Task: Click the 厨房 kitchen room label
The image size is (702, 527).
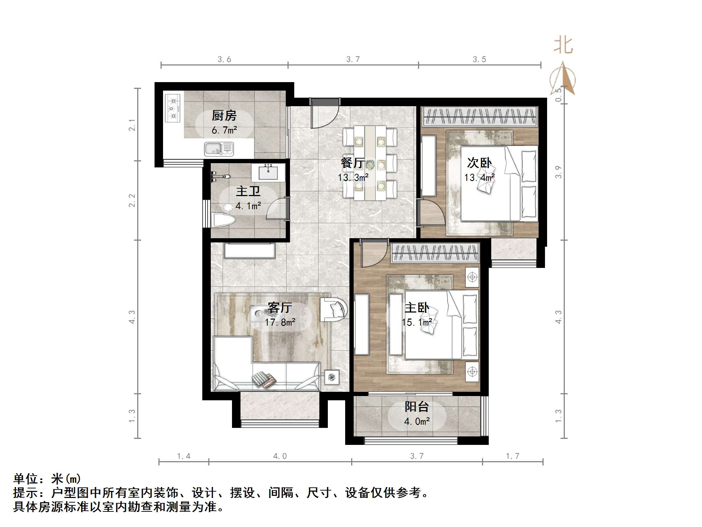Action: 224,115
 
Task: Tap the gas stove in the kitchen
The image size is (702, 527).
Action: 173,108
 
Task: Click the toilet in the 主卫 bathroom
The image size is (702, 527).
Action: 223,220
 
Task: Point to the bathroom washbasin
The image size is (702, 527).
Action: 268,173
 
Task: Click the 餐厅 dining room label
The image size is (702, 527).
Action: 353,163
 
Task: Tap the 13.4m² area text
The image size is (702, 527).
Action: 479,177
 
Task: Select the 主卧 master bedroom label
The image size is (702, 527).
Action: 417,308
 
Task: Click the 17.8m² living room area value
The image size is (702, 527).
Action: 280,322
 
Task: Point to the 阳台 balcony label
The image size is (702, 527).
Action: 417,407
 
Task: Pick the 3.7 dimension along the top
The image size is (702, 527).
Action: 353,59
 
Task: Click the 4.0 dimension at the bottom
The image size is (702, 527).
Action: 280,456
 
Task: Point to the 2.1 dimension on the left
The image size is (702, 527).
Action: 132,125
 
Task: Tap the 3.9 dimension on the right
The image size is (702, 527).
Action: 558,172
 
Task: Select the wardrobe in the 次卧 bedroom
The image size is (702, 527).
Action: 480,116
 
